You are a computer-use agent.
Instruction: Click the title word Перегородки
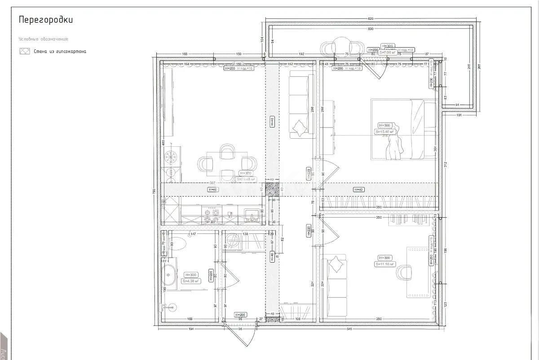click(x=45, y=20)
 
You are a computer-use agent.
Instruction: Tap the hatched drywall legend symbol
click(x=24, y=51)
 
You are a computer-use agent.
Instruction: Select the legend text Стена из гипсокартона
click(x=60, y=51)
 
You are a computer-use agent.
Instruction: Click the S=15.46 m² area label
click(x=385, y=132)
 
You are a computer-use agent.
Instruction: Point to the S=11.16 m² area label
click(x=385, y=264)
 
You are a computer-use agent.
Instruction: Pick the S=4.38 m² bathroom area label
click(x=190, y=281)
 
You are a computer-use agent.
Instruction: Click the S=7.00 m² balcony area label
click(x=387, y=53)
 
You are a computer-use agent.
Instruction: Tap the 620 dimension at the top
click(x=371, y=19)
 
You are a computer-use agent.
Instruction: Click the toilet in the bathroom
click(x=178, y=243)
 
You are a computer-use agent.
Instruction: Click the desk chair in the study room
click(x=404, y=272)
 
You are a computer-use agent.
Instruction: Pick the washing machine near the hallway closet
click(x=234, y=241)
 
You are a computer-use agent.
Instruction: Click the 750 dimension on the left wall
click(x=154, y=192)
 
